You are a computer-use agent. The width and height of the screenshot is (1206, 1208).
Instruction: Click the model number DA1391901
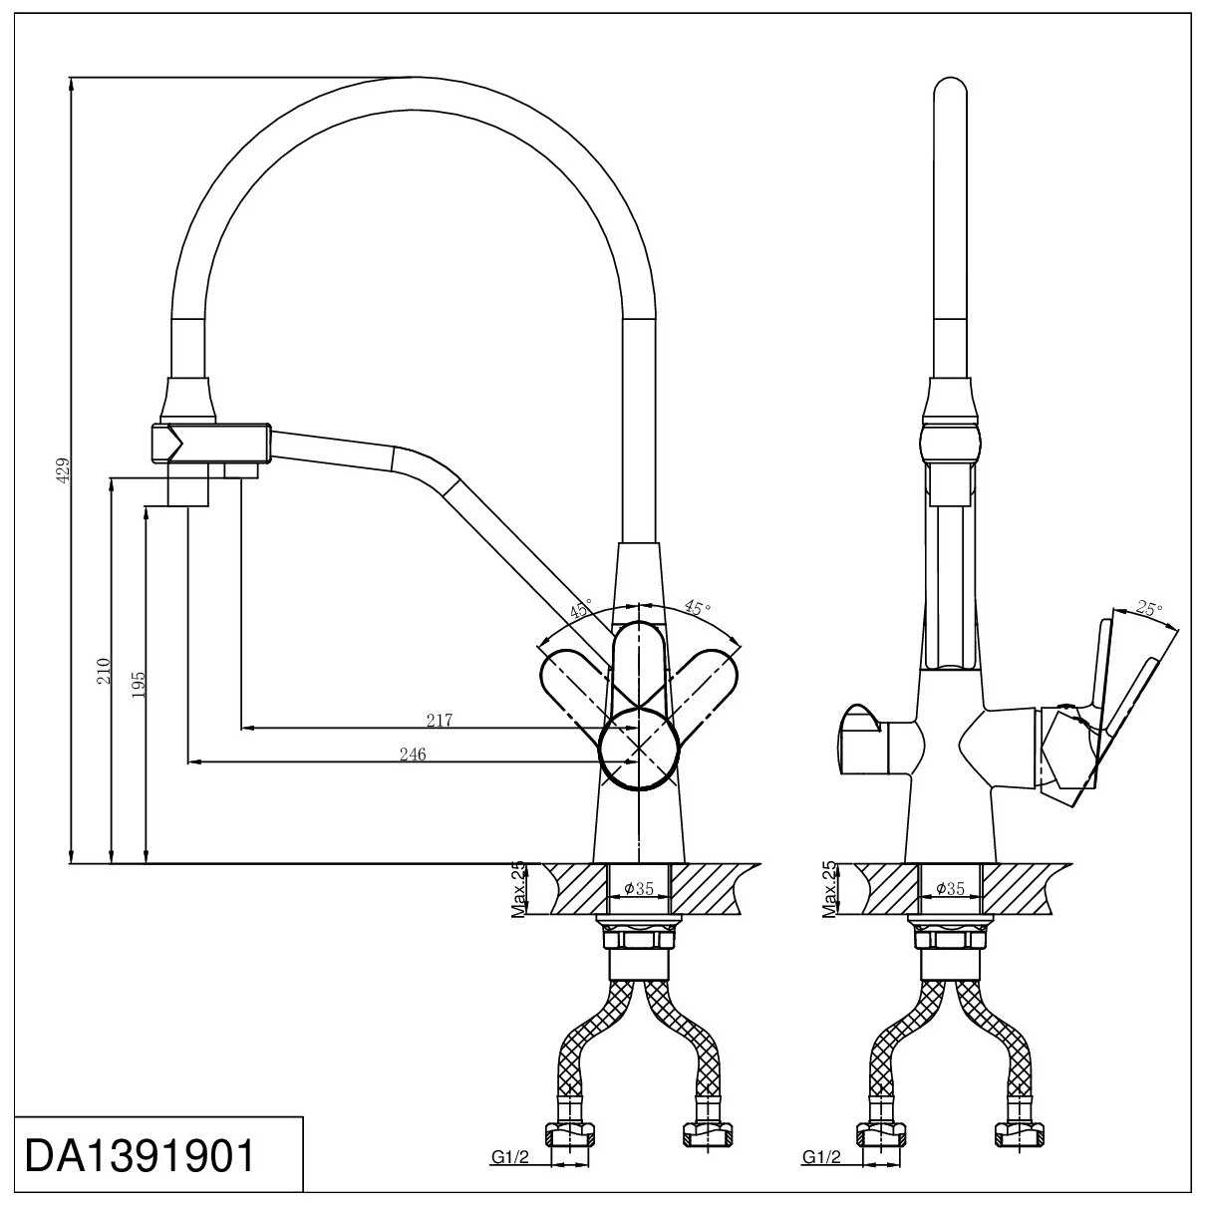pos(140,1156)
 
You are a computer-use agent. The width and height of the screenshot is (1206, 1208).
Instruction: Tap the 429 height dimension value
pos(64,470)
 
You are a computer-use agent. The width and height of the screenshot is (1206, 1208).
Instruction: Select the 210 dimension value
pos(104,671)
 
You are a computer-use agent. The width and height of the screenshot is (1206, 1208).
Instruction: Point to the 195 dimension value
pos(139,685)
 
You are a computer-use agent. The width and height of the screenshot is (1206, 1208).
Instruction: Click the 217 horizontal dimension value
pos(439,721)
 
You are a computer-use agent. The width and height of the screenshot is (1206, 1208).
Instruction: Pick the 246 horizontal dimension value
pos(412,755)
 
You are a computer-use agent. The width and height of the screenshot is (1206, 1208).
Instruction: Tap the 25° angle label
pos(1149,608)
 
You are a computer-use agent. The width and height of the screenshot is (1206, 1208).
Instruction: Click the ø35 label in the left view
pos(639,888)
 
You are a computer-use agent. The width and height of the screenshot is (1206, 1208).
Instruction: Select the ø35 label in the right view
pos(950,888)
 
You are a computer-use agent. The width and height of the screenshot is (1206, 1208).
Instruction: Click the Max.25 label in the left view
pos(518,889)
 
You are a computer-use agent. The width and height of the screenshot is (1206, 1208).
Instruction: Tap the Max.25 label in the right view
pos(829,889)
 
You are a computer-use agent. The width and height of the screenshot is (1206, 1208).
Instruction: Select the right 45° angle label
pos(698,607)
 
